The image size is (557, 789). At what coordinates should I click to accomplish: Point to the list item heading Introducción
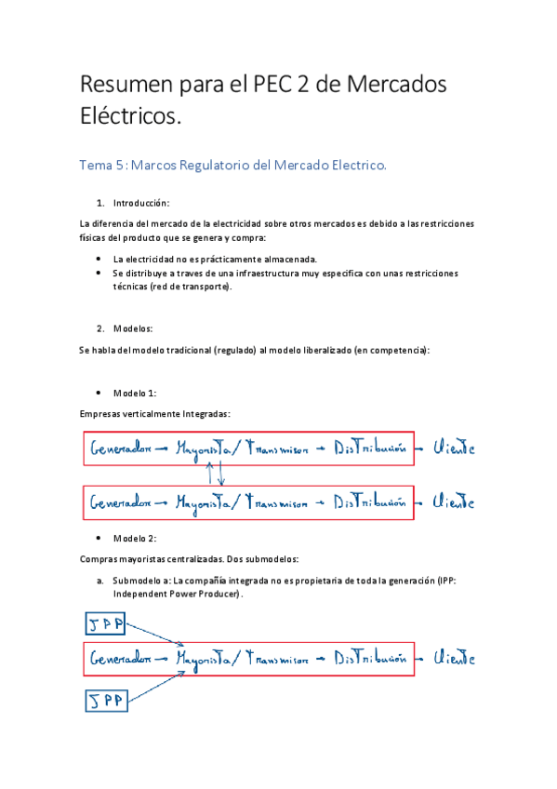(141, 203)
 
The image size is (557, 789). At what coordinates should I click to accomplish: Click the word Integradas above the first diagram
(198, 413)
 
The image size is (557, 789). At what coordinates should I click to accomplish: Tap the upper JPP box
(104, 622)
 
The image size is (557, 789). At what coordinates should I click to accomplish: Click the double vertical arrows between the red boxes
(215, 473)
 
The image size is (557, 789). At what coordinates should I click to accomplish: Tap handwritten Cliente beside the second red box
(456, 502)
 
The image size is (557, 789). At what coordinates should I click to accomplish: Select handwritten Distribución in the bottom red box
(371, 659)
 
